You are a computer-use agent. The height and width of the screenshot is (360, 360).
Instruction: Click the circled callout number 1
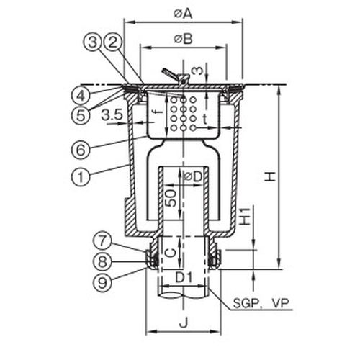click(81, 177)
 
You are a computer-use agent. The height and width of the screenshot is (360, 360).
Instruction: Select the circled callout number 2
click(113, 42)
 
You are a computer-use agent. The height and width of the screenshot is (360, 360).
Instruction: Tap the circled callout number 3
click(93, 42)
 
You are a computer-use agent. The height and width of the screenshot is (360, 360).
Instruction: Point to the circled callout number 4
click(81, 96)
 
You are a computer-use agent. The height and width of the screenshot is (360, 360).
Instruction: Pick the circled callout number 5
click(81, 115)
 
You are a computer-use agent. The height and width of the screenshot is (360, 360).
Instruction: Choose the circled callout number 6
click(81, 150)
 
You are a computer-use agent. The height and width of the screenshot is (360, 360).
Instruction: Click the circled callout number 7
click(102, 241)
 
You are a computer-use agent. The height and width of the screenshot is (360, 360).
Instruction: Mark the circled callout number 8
click(102, 261)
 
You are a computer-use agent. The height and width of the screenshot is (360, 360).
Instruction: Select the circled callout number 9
click(102, 282)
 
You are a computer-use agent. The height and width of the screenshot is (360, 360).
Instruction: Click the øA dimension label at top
click(183, 14)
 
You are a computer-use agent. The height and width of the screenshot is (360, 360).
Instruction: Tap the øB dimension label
click(184, 39)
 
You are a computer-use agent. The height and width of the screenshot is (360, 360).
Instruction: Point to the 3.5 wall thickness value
click(112, 114)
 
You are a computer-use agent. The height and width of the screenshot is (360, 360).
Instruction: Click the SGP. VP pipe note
click(261, 303)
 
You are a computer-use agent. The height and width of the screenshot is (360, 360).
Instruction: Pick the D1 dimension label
click(184, 278)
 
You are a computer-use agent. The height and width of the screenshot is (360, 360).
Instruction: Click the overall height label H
click(269, 177)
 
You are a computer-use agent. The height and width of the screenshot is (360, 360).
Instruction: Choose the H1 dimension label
click(245, 216)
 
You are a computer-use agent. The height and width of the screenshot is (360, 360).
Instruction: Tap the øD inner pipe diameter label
click(193, 176)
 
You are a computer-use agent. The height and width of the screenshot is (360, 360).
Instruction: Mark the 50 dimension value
click(171, 198)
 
